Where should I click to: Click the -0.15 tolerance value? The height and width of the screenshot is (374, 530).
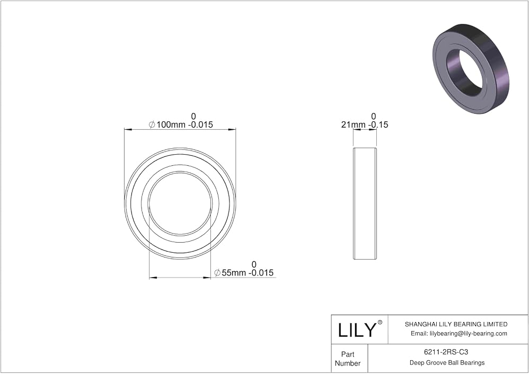pyautogui.click(x=378, y=124)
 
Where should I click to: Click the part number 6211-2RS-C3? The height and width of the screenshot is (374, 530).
pyautogui.click(x=446, y=352)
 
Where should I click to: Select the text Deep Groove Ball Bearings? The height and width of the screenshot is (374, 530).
pyautogui.click(x=447, y=362)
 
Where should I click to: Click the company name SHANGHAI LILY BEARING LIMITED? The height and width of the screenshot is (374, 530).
pyautogui.click(x=456, y=324)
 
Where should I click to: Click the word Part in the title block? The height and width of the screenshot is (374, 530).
pyautogui.click(x=348, y=354)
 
